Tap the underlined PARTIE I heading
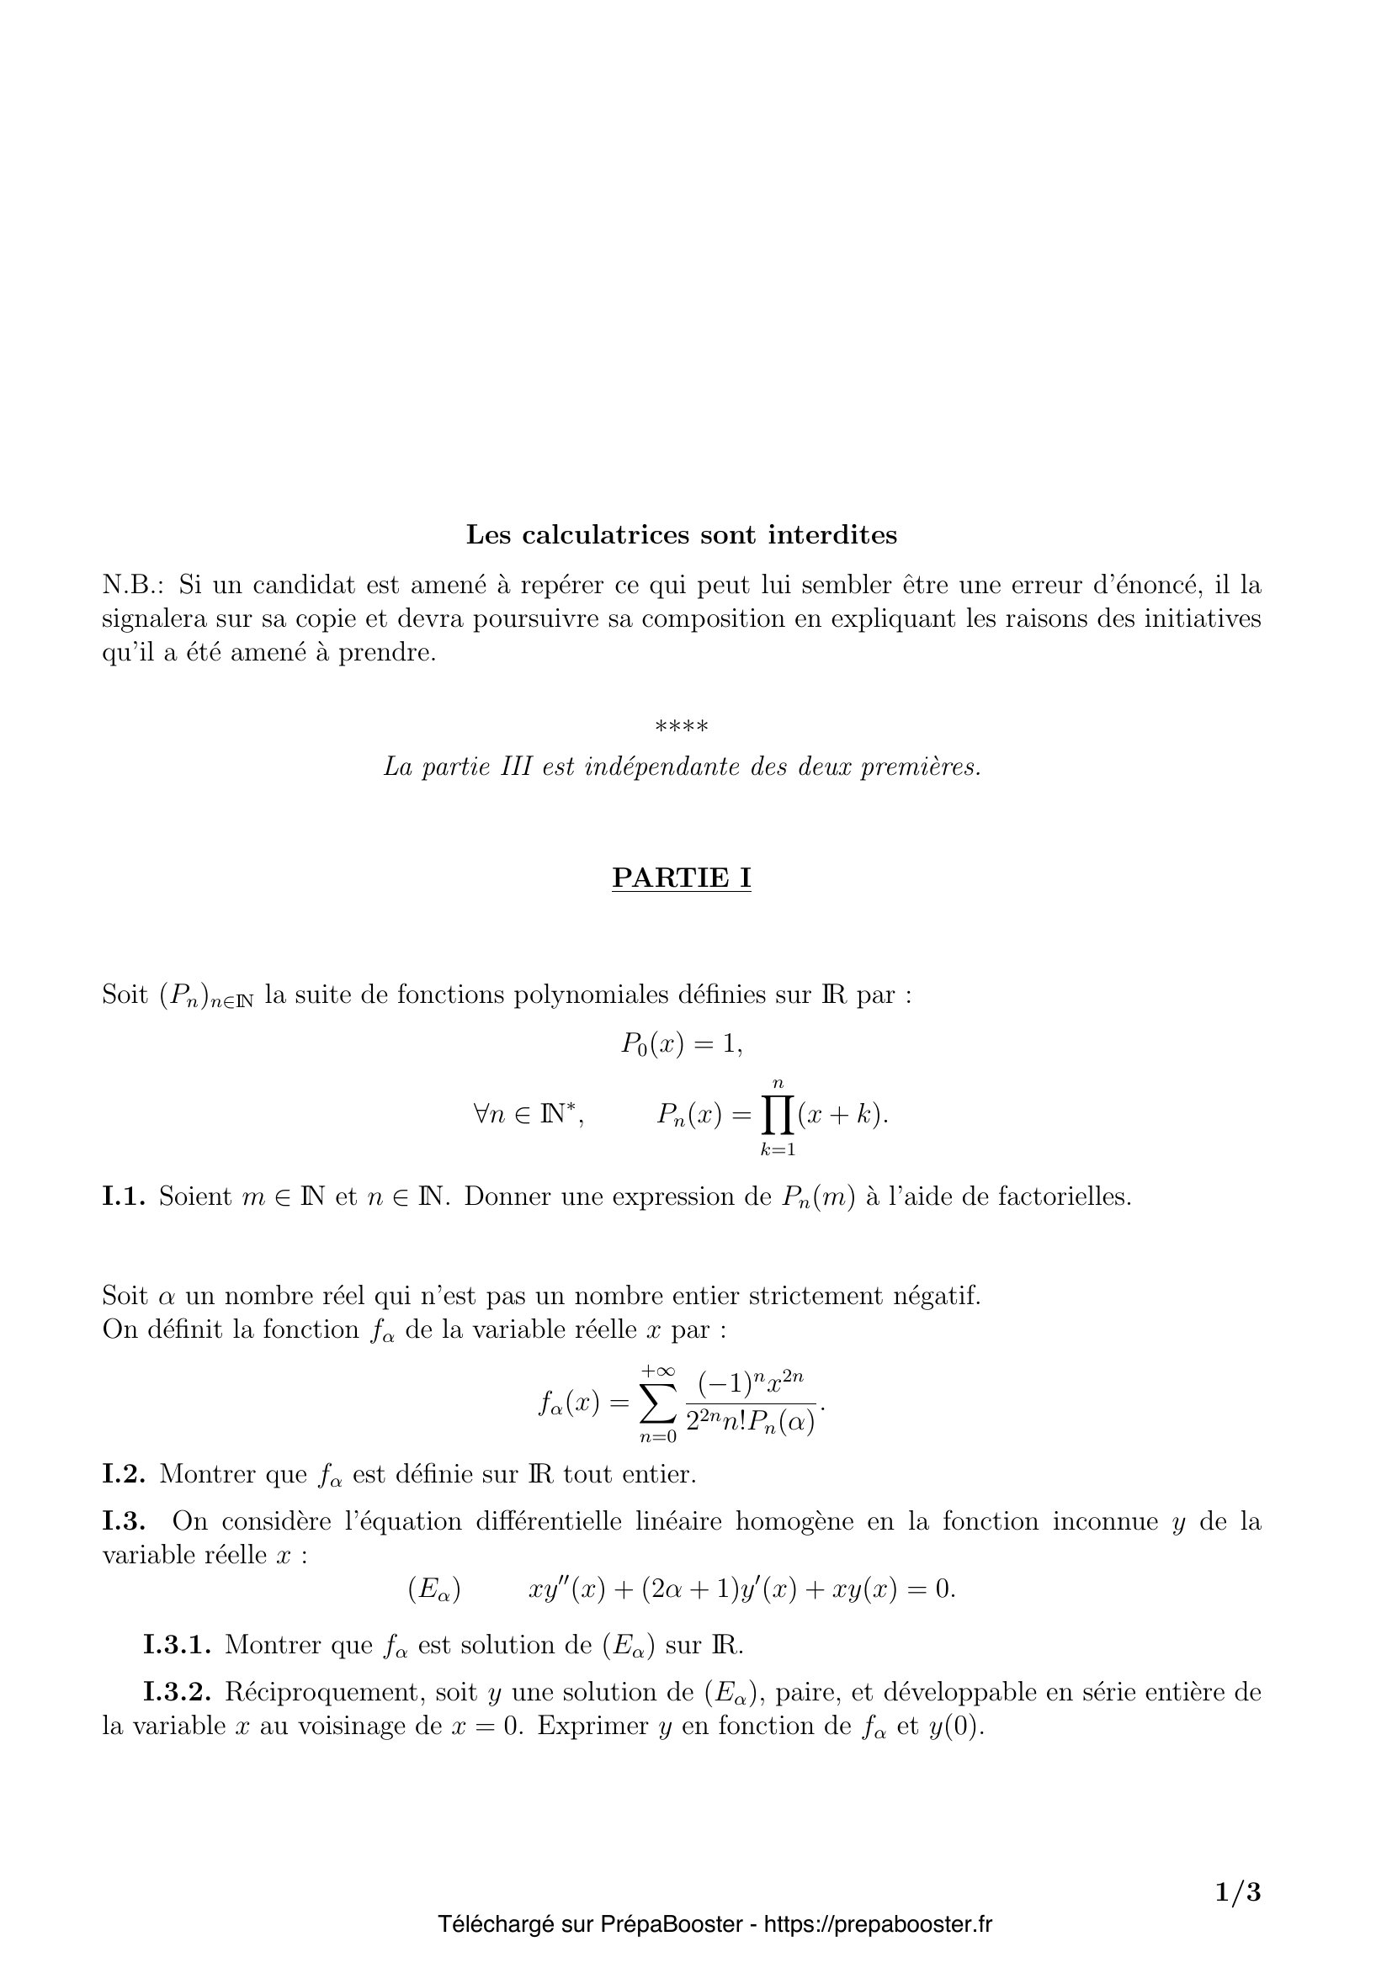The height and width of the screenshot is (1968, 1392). pyautogui.click(x=682, y=878)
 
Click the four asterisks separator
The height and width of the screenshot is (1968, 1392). pyautogui.click(x=682, y=728)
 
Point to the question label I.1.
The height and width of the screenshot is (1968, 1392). pyautogui.click(x=125, y=1196)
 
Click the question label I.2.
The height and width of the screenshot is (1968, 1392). pyautogui.click(x=125, y=1474)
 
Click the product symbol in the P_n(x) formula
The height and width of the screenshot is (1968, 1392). pyautogui.click(x=778, y=1115)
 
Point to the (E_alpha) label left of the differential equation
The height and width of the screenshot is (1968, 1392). pyautogui.click(x=434, y=1590)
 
